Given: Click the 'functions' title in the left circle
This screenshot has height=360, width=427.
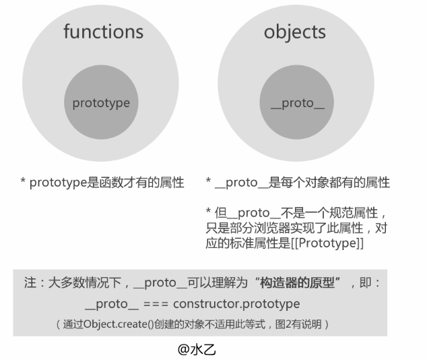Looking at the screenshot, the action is click(x=103, y=32).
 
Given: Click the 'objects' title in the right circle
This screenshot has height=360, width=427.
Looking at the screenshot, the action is click(x=295, y=32).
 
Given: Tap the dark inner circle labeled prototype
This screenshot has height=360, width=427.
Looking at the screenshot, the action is click(x=101, y=103).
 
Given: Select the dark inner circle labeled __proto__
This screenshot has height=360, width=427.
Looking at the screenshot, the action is click(x=297, y=103).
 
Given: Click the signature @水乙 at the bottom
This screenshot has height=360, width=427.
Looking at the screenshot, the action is click(x=197, y=349).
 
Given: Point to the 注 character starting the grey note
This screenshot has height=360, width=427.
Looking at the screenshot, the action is click(x=29, y=283).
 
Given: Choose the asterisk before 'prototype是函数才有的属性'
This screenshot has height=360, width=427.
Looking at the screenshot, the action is click(x=23, y=183).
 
